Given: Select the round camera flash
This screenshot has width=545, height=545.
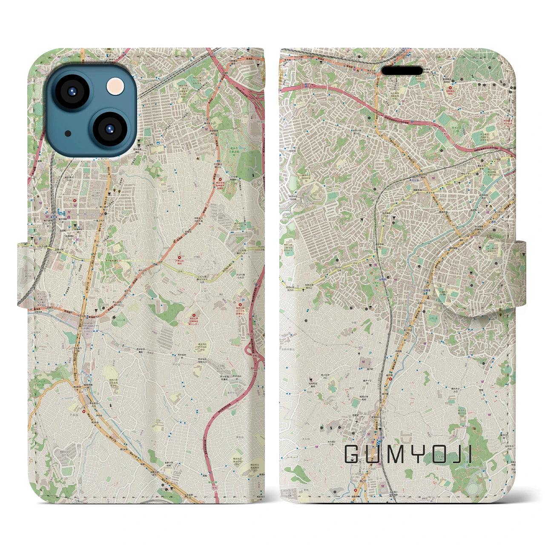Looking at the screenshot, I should pos(115,87).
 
